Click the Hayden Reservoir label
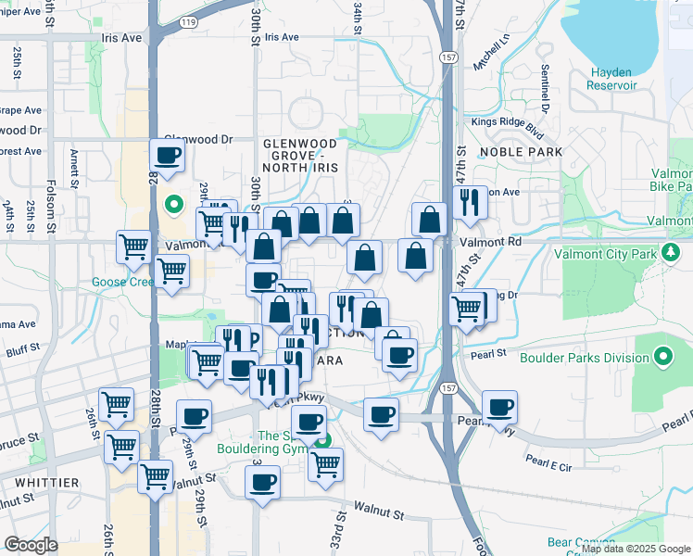click(x=611, y=79)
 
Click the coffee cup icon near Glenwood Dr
click(x=168, y=157)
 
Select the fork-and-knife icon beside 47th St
click(x=471, y=201)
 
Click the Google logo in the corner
click(x=31, y=545)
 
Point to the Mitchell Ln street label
click(x=492, y=53)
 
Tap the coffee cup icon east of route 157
click(x=499, y=408)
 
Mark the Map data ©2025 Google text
click(x=635, y=549)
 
